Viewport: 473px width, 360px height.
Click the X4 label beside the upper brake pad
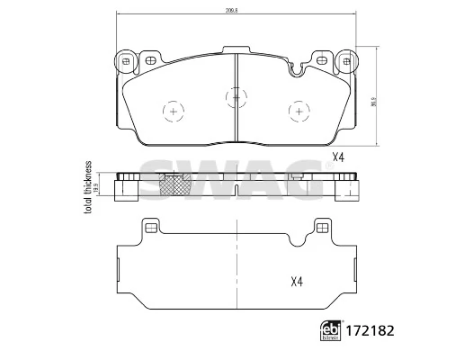(x=339, y=157)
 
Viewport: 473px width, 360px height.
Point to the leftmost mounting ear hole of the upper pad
(x=126, y=61)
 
